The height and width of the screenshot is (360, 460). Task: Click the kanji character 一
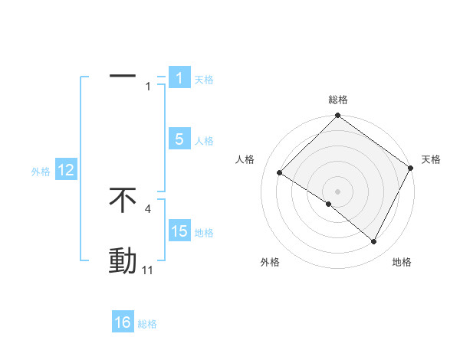(x=123, y=77)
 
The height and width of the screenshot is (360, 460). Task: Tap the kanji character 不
(x=123, y=200)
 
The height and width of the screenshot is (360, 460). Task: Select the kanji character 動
(x=123, y=261)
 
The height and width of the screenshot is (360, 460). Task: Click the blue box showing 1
(x=179, y=78)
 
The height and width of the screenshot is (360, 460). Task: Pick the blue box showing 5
(x=179, y=139)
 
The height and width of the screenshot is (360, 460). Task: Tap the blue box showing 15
(x=179, y=231)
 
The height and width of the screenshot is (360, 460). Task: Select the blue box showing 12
(x=66, y=170)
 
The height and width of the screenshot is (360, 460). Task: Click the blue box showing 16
(x=123, y=322)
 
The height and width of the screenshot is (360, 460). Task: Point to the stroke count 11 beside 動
(x=148, y=270)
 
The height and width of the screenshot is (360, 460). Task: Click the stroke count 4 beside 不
(x=147, y=208)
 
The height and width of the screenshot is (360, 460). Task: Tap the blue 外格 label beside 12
(x=41, y=172)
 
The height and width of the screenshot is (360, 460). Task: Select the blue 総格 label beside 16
(x=147, y=324)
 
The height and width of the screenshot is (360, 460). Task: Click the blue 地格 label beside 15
(x=204, y=233)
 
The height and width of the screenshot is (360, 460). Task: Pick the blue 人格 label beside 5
(x=204, y=141)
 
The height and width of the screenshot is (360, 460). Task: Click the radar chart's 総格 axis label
(x=338, y=100)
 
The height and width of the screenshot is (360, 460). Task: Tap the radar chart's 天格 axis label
(x=431, y=159)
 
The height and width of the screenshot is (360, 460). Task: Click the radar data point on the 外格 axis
(x=329, y=204)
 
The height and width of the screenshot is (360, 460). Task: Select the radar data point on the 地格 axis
(x=374, y=242)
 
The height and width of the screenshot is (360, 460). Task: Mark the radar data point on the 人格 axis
(x=280, y=172)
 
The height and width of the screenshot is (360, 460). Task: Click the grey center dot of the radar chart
(x=338, y=191)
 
